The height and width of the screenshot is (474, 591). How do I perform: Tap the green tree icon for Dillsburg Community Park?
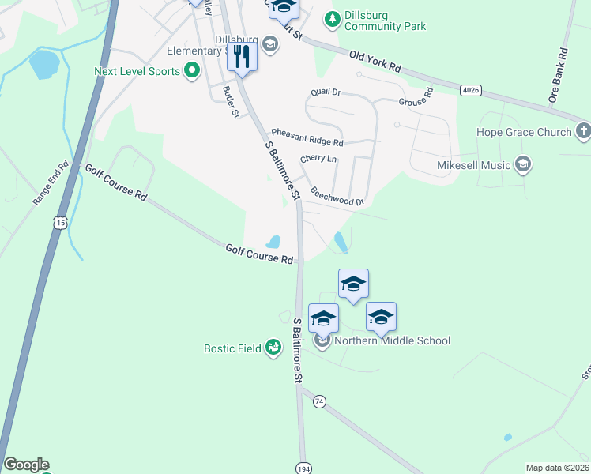coord(333,17)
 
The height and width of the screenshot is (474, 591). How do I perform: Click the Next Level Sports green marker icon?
coord(192,72)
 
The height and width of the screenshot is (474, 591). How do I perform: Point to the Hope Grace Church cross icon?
coord(583,130)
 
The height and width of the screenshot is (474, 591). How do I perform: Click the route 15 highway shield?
coord(61,224)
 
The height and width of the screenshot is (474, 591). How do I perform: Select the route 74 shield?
coord(319,401)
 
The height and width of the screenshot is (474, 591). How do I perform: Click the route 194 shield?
coord(303,468)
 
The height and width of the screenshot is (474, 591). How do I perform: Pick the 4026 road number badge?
coord(471,90)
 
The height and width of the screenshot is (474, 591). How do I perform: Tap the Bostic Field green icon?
coord(273,347)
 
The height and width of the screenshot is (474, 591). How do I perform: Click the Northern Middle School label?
coord(392,340)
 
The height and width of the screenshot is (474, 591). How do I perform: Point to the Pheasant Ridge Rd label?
coord(307,137)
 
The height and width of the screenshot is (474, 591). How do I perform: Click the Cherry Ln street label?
coord(318,159)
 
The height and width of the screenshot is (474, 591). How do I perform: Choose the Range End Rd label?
coord(47,185)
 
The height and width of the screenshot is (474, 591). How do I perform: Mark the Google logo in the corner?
coord(26,465)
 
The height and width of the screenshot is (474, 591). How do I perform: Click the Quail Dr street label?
coord(326,92)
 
